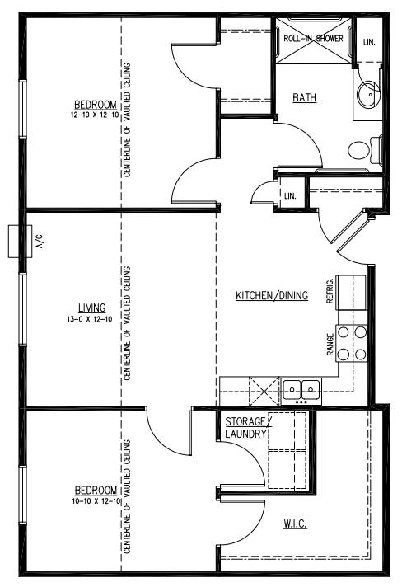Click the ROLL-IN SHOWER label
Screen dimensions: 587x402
pyautogui.click(x=313, y=38)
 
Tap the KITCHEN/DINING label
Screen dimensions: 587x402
pyautogui.click(x=271, y=295)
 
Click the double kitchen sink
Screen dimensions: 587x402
pyautogui.click(x=301, y=388)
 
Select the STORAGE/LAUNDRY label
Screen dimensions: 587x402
pyautogui.click(x=245, y=426)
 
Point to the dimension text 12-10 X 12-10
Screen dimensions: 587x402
pyautogui.click(x=95, y=115)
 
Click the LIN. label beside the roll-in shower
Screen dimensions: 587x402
pyautogui.click(x=368, y=41)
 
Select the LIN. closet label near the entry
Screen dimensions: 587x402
pyautogui.click(x=290, y=195)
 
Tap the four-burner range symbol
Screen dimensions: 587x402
pyautogui.click(x=359, y=343)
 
